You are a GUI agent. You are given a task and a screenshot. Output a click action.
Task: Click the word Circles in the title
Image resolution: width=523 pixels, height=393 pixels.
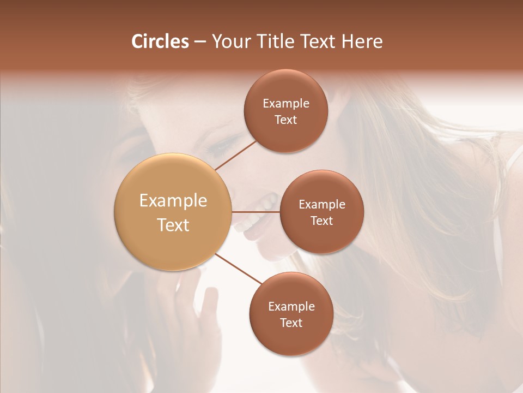(x=160, y=41)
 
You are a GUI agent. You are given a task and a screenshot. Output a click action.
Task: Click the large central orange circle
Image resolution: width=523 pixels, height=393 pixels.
(x=173, y=212)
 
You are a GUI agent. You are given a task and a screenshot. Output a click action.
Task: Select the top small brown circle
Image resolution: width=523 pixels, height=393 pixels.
(x=285, y=111)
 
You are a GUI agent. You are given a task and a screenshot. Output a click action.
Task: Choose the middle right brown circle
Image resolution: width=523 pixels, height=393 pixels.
(x=321, y=212)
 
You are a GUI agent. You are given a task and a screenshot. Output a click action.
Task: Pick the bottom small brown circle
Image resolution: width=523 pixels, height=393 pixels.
(x=291, y=314)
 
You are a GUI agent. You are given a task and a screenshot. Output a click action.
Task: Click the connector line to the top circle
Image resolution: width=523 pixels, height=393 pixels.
(x=235, y=155)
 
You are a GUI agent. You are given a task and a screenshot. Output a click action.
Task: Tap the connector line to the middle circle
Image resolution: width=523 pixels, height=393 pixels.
(x=256, y=212)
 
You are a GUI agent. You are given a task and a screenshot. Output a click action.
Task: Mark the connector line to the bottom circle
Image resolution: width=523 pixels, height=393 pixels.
(x=238, y=269)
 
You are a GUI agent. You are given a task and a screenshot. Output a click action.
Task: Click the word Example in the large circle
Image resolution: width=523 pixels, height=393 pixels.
(x=173, y=201)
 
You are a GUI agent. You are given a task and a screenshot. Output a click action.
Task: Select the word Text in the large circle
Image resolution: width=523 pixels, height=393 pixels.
(x=173, y=225)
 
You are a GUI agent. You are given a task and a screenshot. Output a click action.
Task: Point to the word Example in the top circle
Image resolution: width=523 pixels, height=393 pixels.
(x=285, y=103)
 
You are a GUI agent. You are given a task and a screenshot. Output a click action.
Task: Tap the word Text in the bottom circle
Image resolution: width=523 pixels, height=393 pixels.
(x=291, y=323)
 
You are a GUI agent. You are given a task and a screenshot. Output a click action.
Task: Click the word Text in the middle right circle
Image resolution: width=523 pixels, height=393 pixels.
(x=321, y=221)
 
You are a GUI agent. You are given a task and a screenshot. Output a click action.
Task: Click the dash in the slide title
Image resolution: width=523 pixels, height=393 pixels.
(x=200, y=42)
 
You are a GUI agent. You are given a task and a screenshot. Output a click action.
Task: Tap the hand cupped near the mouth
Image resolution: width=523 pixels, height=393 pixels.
(x=204, y=306)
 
